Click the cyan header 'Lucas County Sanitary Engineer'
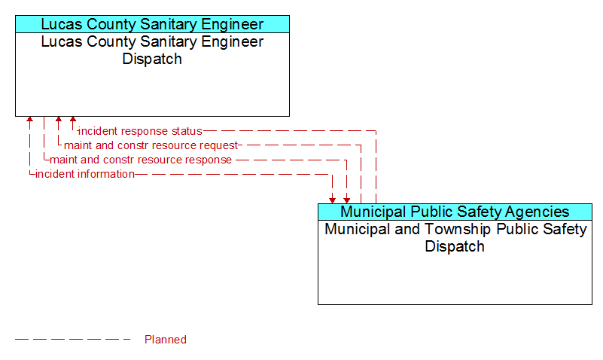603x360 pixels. (x=152, y=24)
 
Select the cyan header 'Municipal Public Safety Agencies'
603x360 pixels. (x=455, y=212)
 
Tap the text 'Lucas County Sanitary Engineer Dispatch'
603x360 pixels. (x=152, y=50)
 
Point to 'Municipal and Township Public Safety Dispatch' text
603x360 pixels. (x=455, y=238)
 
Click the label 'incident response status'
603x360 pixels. (x=140, y=131)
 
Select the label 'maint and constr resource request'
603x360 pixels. (x=151, y=145)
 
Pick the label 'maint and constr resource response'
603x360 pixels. (x=141, y=160)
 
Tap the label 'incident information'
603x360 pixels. (x=85, y=174)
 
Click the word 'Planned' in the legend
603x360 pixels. (x=166, y=340)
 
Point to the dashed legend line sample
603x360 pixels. (x=73, y=340)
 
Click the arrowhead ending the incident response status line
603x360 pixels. (x=73, y=119)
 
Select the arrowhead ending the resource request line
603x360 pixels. (x=59, y=119)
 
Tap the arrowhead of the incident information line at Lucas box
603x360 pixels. (x=29, y=119)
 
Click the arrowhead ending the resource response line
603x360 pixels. (x=347, y=201)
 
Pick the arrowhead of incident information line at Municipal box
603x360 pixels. (x=332, y=201)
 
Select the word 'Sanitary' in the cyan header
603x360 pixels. (x=169, y=24)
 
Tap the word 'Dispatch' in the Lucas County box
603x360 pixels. (x=152, y=59)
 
